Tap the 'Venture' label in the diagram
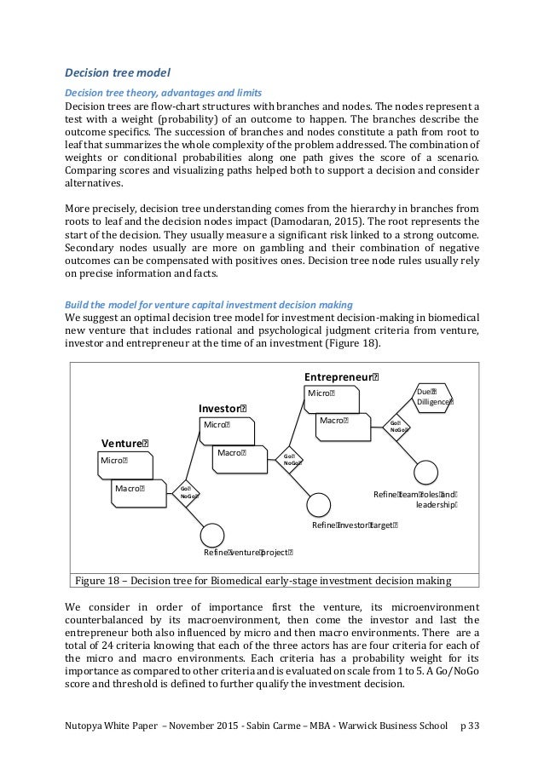[124, 443]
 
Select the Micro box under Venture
[124, 462]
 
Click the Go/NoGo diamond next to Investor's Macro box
[292, 460]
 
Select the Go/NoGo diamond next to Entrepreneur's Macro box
[397, 426]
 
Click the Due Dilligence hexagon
[434, 395]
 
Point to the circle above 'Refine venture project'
[211, 535]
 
